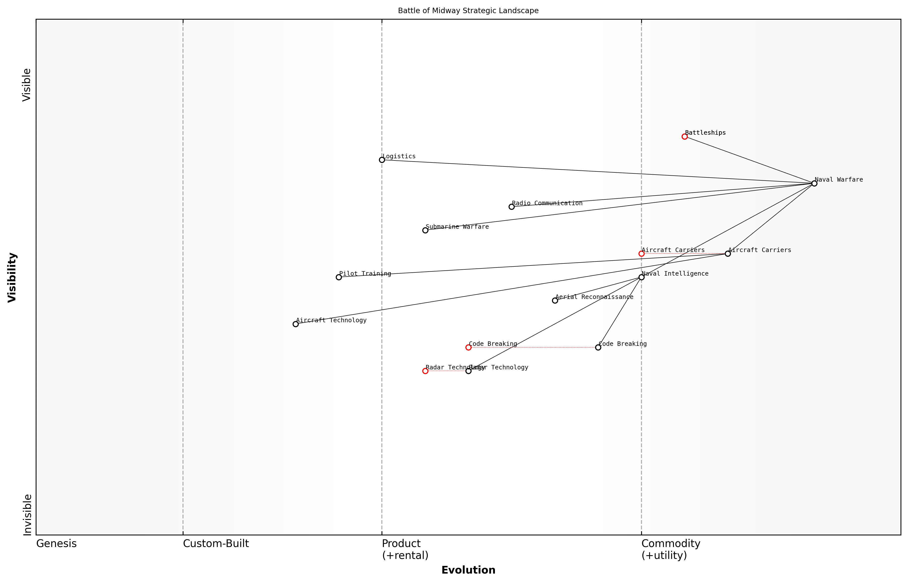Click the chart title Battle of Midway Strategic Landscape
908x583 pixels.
pyautogui.click(x=468, y=11)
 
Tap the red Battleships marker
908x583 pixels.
pyautogui.click(x=684, y=137)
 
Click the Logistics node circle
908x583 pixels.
pyautogui.click(x=382, y=160)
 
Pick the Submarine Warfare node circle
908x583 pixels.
pyautogui.click(x=425, y=230)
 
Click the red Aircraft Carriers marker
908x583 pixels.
pyautogui.click(x=641, y=254)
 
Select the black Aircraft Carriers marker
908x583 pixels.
pyautogui.click(x=727, y=254)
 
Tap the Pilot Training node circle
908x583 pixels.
pyautogui.click(x=339, y=277)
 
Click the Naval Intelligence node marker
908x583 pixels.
pyautogui.click(x=641, y=277)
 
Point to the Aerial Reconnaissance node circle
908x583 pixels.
pyautogui.click(x=555, y=301)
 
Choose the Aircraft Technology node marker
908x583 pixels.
pyautogui.click(x=296, y=324)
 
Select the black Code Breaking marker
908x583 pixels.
pyautogui.click(x=598, y=348)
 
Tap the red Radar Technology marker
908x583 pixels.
pyautogui.click(x=425, y=371)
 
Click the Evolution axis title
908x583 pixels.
pyautogui.click(x=468, y=570)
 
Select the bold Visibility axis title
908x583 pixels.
pyautogui.click(x=12, y=278)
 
